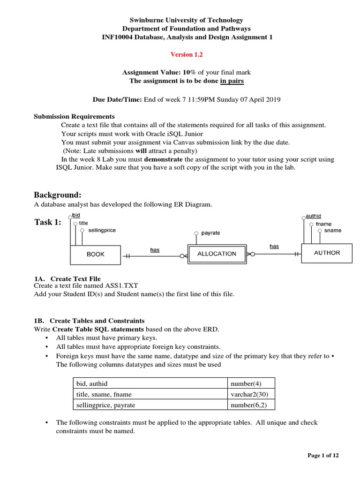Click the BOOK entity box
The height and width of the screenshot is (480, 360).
tap(96, 255)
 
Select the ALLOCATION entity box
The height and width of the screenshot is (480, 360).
tap(217, 254)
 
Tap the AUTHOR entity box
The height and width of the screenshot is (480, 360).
tap(327, 253)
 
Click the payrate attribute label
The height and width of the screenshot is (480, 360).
tap(210, 233)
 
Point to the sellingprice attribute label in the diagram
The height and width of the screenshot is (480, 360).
tap(102, 230)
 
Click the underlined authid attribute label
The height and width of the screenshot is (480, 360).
tap(314, 216)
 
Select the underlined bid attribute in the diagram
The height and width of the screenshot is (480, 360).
tap(76, 215)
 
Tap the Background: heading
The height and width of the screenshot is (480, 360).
tap(58, 195)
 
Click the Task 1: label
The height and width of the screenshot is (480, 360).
tap(48, 222)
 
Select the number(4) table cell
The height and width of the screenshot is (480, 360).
tap(251, 383)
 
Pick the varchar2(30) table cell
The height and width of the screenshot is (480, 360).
tap(251, 394)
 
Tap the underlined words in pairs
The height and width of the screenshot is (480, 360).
tap(232, 81)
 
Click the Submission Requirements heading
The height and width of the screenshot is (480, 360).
tap(74, 116)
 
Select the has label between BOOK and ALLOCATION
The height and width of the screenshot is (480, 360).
tap(155, 250)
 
